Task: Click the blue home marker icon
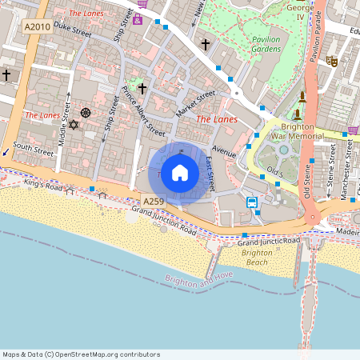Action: tap(180, 173)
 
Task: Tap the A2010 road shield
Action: tap(37, 27)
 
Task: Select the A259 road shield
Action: tap(154, 201)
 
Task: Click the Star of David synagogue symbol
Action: tap(74, 125)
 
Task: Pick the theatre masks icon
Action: tap(331, 61)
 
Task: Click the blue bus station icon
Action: tap(252, 202)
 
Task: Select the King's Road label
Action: tap(42, 186)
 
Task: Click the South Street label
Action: tap(33, 148)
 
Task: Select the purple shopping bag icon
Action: tap(137, 18)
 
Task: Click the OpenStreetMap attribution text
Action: tap(81, 354)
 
